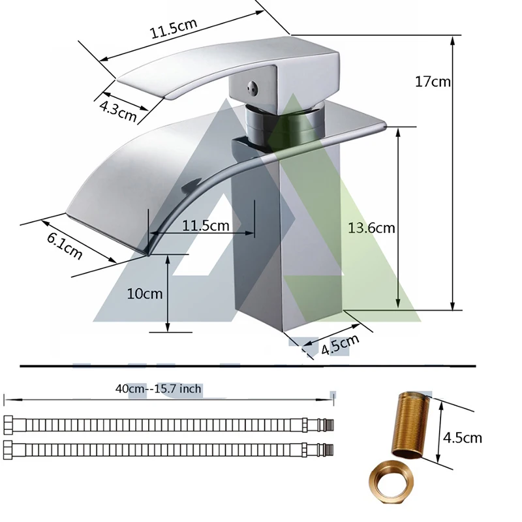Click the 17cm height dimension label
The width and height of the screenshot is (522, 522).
click(x=433, y=82)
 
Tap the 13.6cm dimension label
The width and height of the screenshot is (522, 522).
click(x=371, y=228)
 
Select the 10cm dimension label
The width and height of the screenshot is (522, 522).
click(x=145, y=294)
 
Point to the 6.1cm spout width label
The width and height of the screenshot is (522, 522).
click(x=64, y=246)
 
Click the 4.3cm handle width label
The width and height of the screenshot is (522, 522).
click(x=118, y=112)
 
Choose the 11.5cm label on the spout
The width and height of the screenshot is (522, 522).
click(x=206, y=226)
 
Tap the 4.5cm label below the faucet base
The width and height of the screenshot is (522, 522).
click(x=340, y=344)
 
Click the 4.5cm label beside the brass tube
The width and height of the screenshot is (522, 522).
click(x=463, y=437)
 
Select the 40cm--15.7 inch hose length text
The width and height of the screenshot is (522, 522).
click(x=159, y=388)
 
